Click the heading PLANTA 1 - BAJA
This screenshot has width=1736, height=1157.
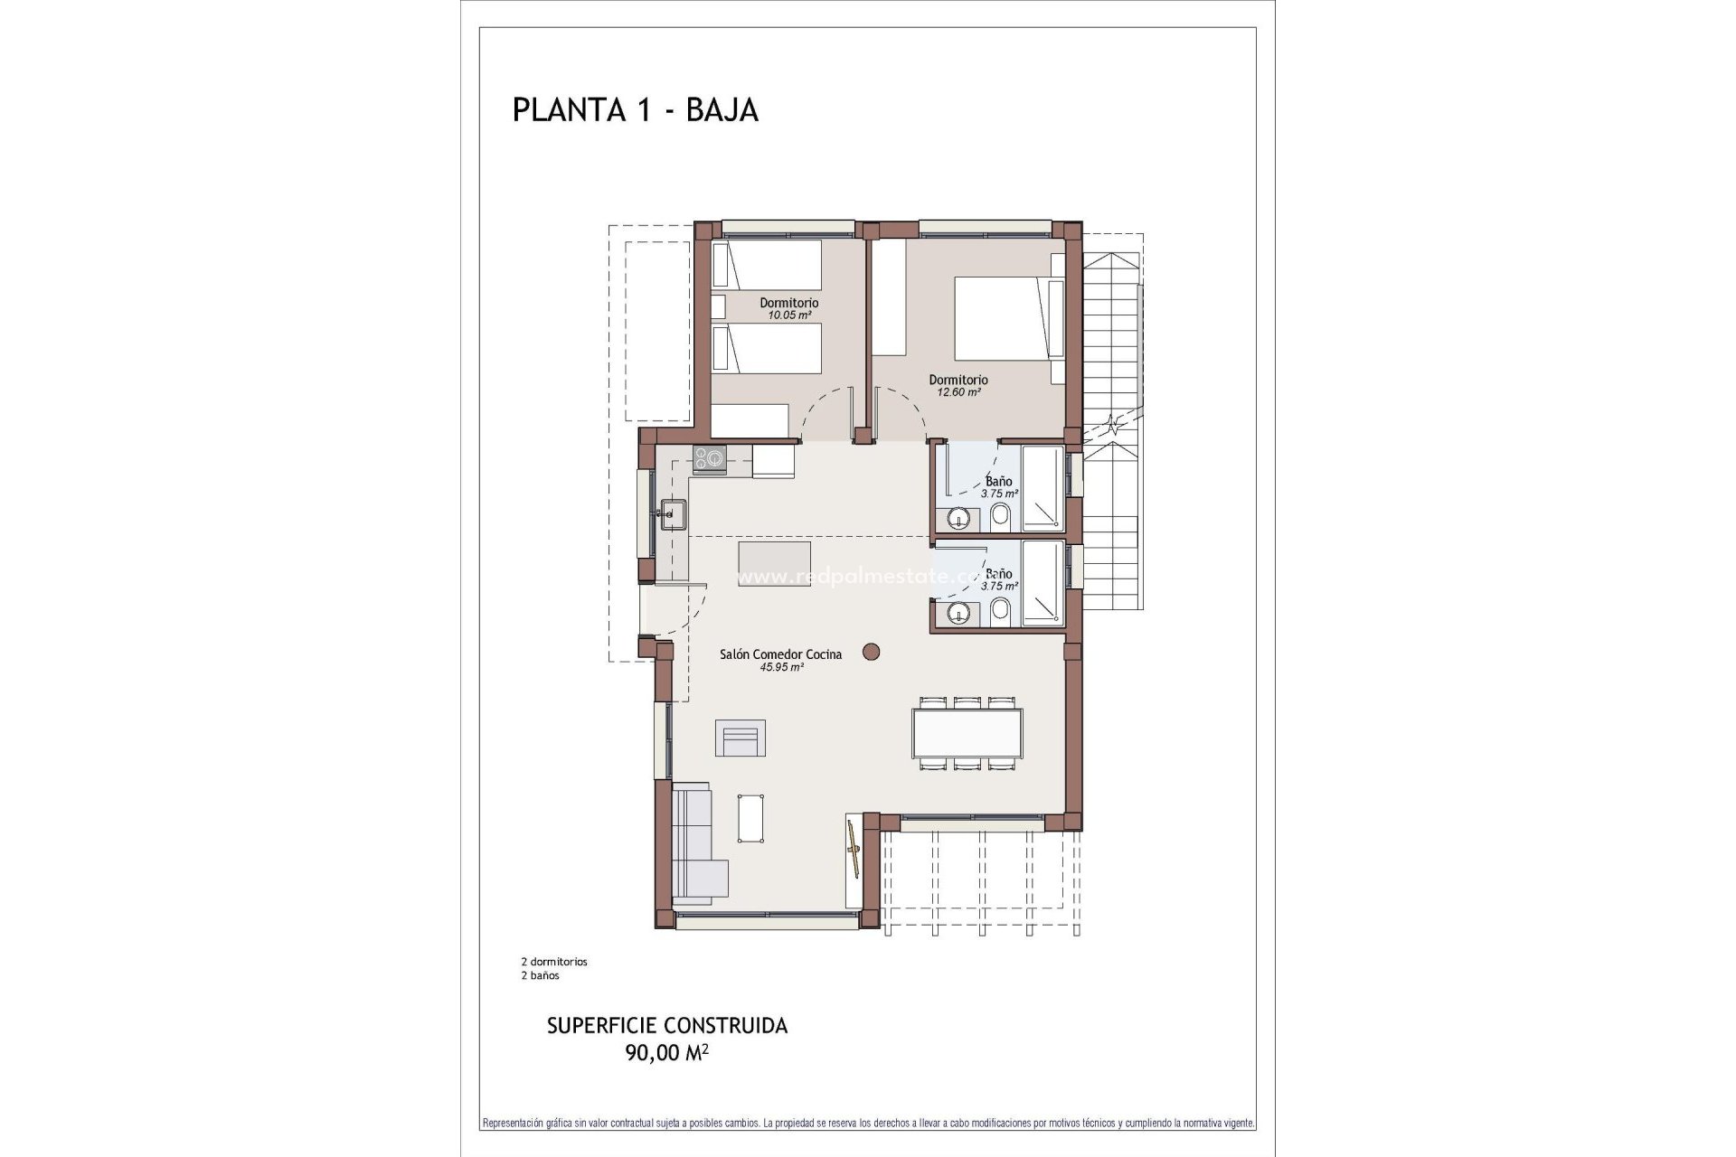coord(635,109)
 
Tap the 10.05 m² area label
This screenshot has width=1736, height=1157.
coord(789,315)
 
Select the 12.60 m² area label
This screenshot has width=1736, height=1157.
coord(958,392)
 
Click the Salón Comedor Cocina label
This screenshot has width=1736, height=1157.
coord(780,654)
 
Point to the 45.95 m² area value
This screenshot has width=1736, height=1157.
coord(782,667)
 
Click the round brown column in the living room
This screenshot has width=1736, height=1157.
coord(872,651)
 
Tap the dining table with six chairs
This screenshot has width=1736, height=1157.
coord(967,732)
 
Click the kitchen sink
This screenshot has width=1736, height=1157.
coord(671,514)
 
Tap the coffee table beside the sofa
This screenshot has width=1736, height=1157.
coord(751,818)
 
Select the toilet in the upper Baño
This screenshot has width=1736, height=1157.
coord(1000,518)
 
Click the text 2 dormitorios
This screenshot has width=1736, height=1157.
coord(554,962)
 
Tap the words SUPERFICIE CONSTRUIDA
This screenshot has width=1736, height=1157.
coord(667,1026)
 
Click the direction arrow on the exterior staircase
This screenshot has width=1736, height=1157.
coord(1115,425)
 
